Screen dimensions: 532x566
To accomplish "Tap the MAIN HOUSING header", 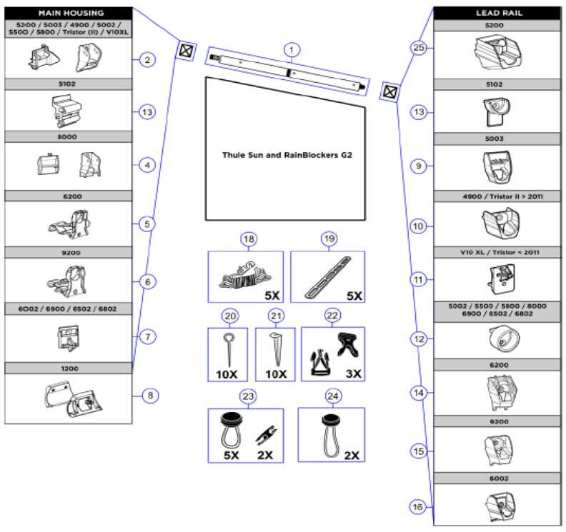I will tap(69, 13).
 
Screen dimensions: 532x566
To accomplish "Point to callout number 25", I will tap(419, 48).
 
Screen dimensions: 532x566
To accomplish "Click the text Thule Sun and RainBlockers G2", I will tap(286, 153).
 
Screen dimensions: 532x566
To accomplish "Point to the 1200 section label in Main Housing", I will tap(69, 367).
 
